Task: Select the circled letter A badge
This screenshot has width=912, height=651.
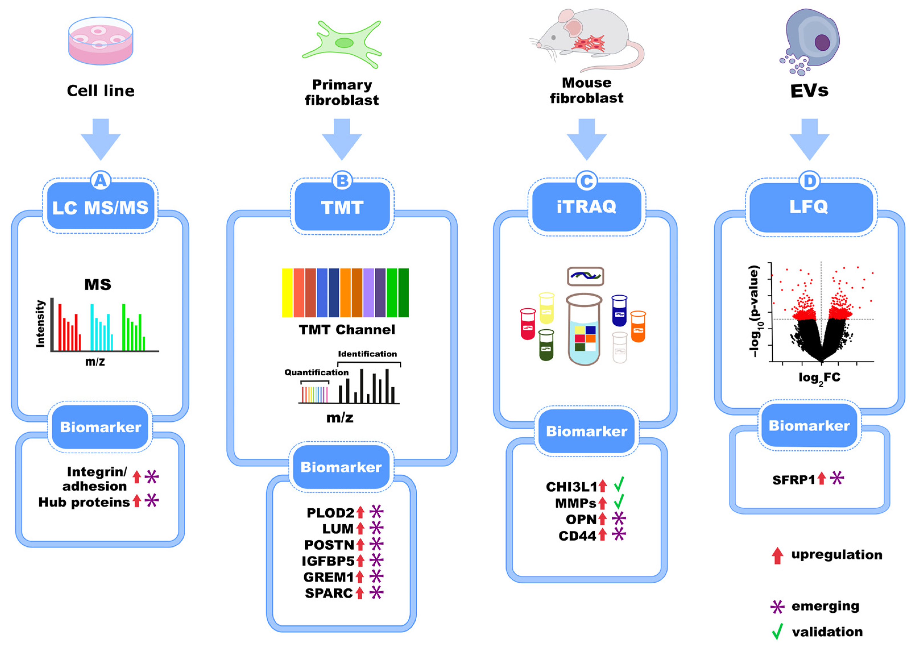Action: click(100, 181)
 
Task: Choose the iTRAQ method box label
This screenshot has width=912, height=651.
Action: click(586, 207)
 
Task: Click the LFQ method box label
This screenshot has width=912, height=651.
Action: click(809, 207)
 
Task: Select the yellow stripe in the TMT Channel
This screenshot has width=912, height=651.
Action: click(287, 293)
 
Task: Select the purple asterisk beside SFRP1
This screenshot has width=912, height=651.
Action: click(837, 478)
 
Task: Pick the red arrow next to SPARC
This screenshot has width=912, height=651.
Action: click(360, 592)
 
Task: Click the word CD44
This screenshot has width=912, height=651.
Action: click(577, 536)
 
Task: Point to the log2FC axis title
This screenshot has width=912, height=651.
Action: click(819, 378)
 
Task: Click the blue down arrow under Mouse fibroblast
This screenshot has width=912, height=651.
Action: click(586, 139)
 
